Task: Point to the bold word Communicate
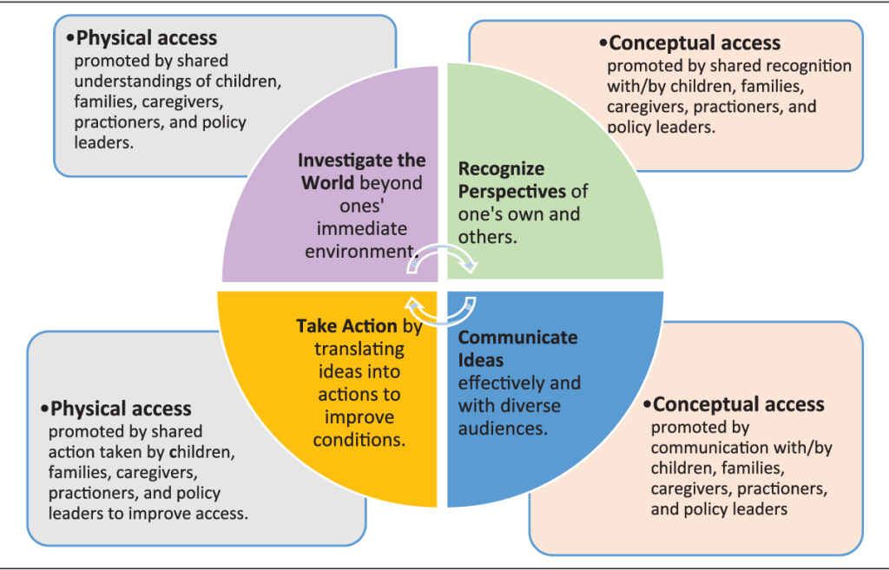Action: (x=517, y=337)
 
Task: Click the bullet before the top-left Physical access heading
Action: (x=69, y=38)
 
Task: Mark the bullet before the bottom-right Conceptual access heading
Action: (x=646, y=405)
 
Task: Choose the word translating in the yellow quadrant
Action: (x=359, y=349)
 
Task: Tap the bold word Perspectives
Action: (x=511, y=191)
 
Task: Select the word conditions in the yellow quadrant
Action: (x=363, y=439)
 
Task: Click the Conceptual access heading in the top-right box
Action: (x=695, y=43)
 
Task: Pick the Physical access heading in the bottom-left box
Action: (x=121, y=408)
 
